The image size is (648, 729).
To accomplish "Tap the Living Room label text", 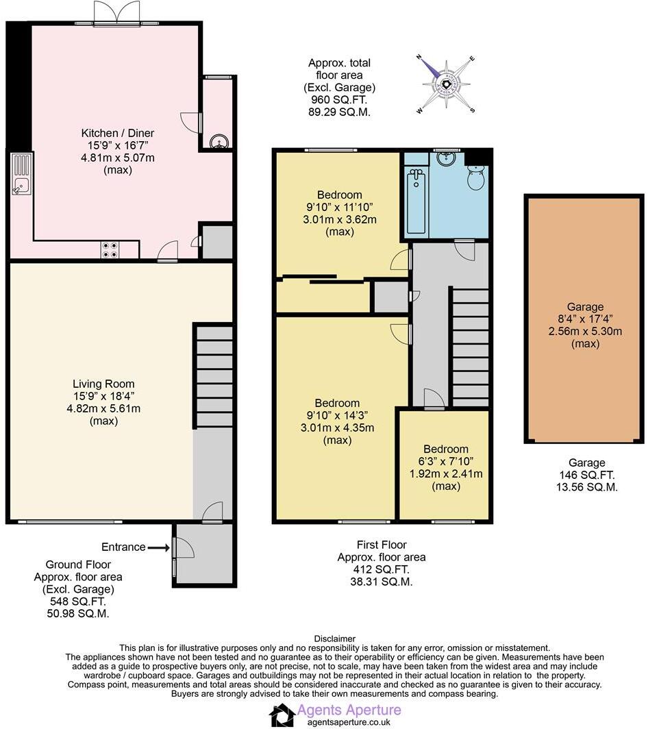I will tap(103, 384).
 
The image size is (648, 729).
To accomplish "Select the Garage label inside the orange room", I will tap(584, 307).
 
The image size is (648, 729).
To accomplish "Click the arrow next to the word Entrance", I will tap(158, 547).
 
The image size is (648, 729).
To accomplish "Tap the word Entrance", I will tap(123, 547).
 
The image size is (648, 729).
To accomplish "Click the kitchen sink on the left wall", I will tap(21, 175).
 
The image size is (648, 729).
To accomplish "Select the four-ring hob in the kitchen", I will tap(110, 251).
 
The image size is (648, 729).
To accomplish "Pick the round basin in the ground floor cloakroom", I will tap(221, 141).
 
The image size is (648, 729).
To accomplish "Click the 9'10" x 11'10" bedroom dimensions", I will tap(340, 208).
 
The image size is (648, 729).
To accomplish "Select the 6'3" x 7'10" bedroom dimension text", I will tap(446, 461).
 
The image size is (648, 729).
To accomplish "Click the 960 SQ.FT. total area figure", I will tap(340, 99).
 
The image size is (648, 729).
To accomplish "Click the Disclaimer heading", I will tap(334, 639).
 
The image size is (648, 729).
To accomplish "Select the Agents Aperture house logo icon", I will tap(282, 715).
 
